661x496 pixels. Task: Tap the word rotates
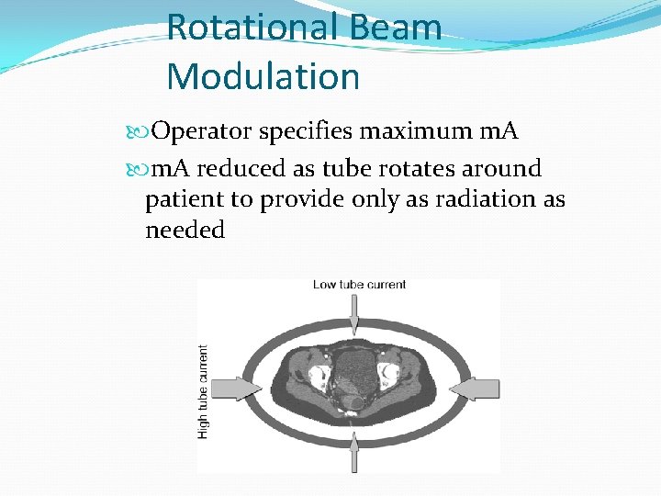tap(425, 169)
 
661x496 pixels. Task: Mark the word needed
tap(185, 230)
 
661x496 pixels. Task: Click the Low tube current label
tap(359, 285)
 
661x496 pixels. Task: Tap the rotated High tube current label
tap(204, 390)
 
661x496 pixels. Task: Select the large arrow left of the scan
tap(234, 389)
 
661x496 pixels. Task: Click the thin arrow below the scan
tap(354, 456)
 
